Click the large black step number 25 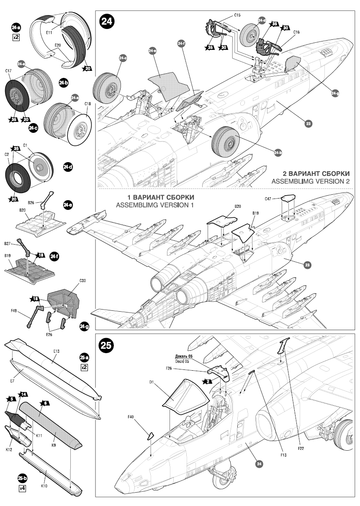click(106, 346)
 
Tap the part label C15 click(237, 15)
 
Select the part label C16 click(296, 32)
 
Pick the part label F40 click(131, 417)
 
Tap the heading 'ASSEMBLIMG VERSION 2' click(310, 181)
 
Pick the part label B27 click(7, 243)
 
